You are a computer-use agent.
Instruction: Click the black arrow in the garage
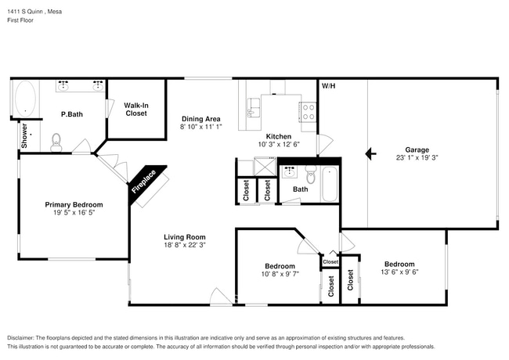click(370, 153)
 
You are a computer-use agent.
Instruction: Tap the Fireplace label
click(144, 182)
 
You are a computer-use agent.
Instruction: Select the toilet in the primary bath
click(56, 142)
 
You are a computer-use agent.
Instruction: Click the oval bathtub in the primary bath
click(25, 99)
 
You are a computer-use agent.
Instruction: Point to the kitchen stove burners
click(308, 112)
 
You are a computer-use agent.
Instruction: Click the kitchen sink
click(253, 107)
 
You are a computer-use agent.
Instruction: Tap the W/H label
click(328, 86)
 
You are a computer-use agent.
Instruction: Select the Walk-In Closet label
click(136, 110)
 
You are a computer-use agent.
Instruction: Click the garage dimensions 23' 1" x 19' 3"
click(417, 157)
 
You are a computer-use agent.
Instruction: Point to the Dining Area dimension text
click(201, 127)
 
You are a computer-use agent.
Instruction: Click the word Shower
click(24, 135)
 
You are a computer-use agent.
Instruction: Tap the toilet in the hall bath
click(311, 175)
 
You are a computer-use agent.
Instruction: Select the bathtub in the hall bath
click(329, 184)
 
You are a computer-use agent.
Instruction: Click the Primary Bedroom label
click(74, 204)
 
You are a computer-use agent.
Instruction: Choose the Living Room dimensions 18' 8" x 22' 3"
click(185, 245)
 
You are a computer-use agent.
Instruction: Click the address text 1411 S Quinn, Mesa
click(34, 12)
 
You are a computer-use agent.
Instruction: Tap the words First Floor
click(20, 20)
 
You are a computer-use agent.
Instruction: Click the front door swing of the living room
click(221, 296)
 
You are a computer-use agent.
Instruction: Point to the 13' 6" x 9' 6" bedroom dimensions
click(399, 272)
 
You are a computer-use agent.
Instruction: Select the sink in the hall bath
click(289, 172)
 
